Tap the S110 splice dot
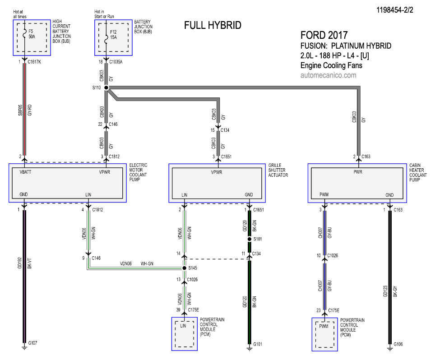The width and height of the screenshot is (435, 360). pos(106,88)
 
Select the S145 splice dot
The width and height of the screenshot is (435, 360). pos(185,268)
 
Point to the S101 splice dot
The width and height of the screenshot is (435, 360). pos(249,239)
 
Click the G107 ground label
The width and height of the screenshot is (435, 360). pos(32,343)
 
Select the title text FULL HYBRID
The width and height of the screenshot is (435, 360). pos(213,26)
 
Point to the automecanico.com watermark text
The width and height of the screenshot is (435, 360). pos(328,75)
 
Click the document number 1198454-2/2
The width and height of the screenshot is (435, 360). pos(394,10)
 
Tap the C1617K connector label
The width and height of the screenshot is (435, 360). pos(34,62)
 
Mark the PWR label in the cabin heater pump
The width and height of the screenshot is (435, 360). pos(358,172)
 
